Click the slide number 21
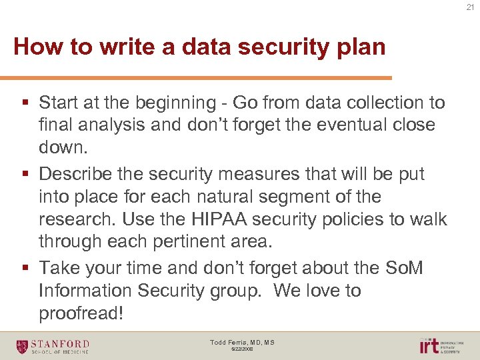click(470, 7)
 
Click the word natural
click(203, 197)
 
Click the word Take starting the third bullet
click(58, 268)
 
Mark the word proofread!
click(81, 313)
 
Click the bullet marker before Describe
click(25, 175)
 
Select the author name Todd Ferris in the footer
click(227, 343)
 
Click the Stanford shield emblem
click(23, 346)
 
